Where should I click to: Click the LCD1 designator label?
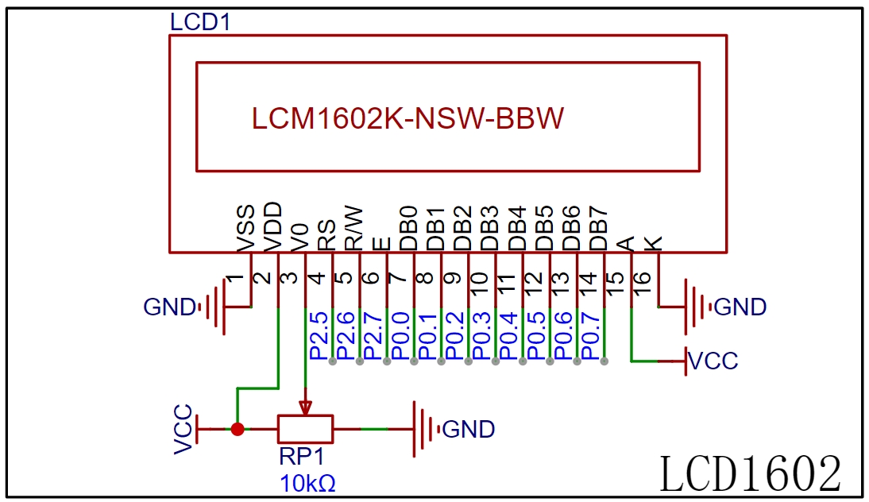200,22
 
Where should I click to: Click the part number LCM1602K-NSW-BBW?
408,118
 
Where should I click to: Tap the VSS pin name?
245,228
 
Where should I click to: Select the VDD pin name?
272,226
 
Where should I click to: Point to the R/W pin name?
354,228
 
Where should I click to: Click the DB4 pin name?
517,228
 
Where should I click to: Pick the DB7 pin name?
599,229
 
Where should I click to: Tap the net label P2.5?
319,336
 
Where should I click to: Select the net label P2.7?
373,336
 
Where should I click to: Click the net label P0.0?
400,336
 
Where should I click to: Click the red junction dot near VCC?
238,429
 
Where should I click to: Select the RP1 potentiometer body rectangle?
305,429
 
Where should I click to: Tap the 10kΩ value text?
307,484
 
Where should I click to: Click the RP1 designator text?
302,457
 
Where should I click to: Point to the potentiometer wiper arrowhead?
305,408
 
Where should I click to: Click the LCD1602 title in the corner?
750,473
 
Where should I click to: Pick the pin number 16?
641,284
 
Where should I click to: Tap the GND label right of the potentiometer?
469,430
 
